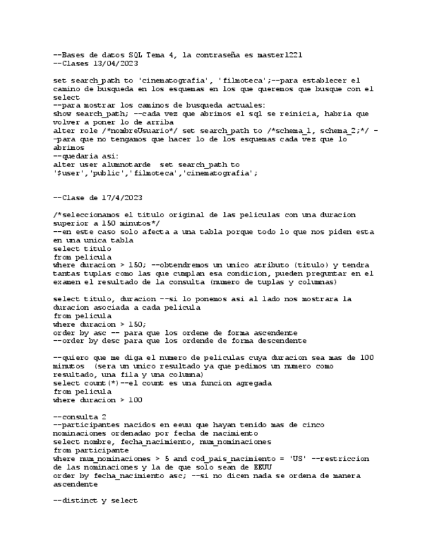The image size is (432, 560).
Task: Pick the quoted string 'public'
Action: (104, 173)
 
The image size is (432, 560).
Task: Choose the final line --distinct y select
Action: (95, 501)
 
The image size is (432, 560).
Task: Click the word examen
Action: (69, 282)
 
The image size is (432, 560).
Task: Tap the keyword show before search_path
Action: (63, 114)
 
